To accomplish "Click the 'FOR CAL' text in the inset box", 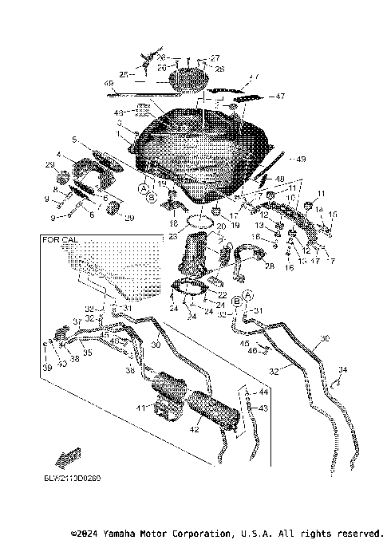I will (62, 239).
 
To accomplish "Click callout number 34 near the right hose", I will (343, 369).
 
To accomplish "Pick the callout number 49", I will (301, 158).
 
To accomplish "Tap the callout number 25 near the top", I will (124, 74).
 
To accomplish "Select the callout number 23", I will (173, 235).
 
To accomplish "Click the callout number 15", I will (334, 214).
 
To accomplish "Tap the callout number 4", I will (58, 154).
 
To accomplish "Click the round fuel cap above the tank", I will (189, 80).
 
